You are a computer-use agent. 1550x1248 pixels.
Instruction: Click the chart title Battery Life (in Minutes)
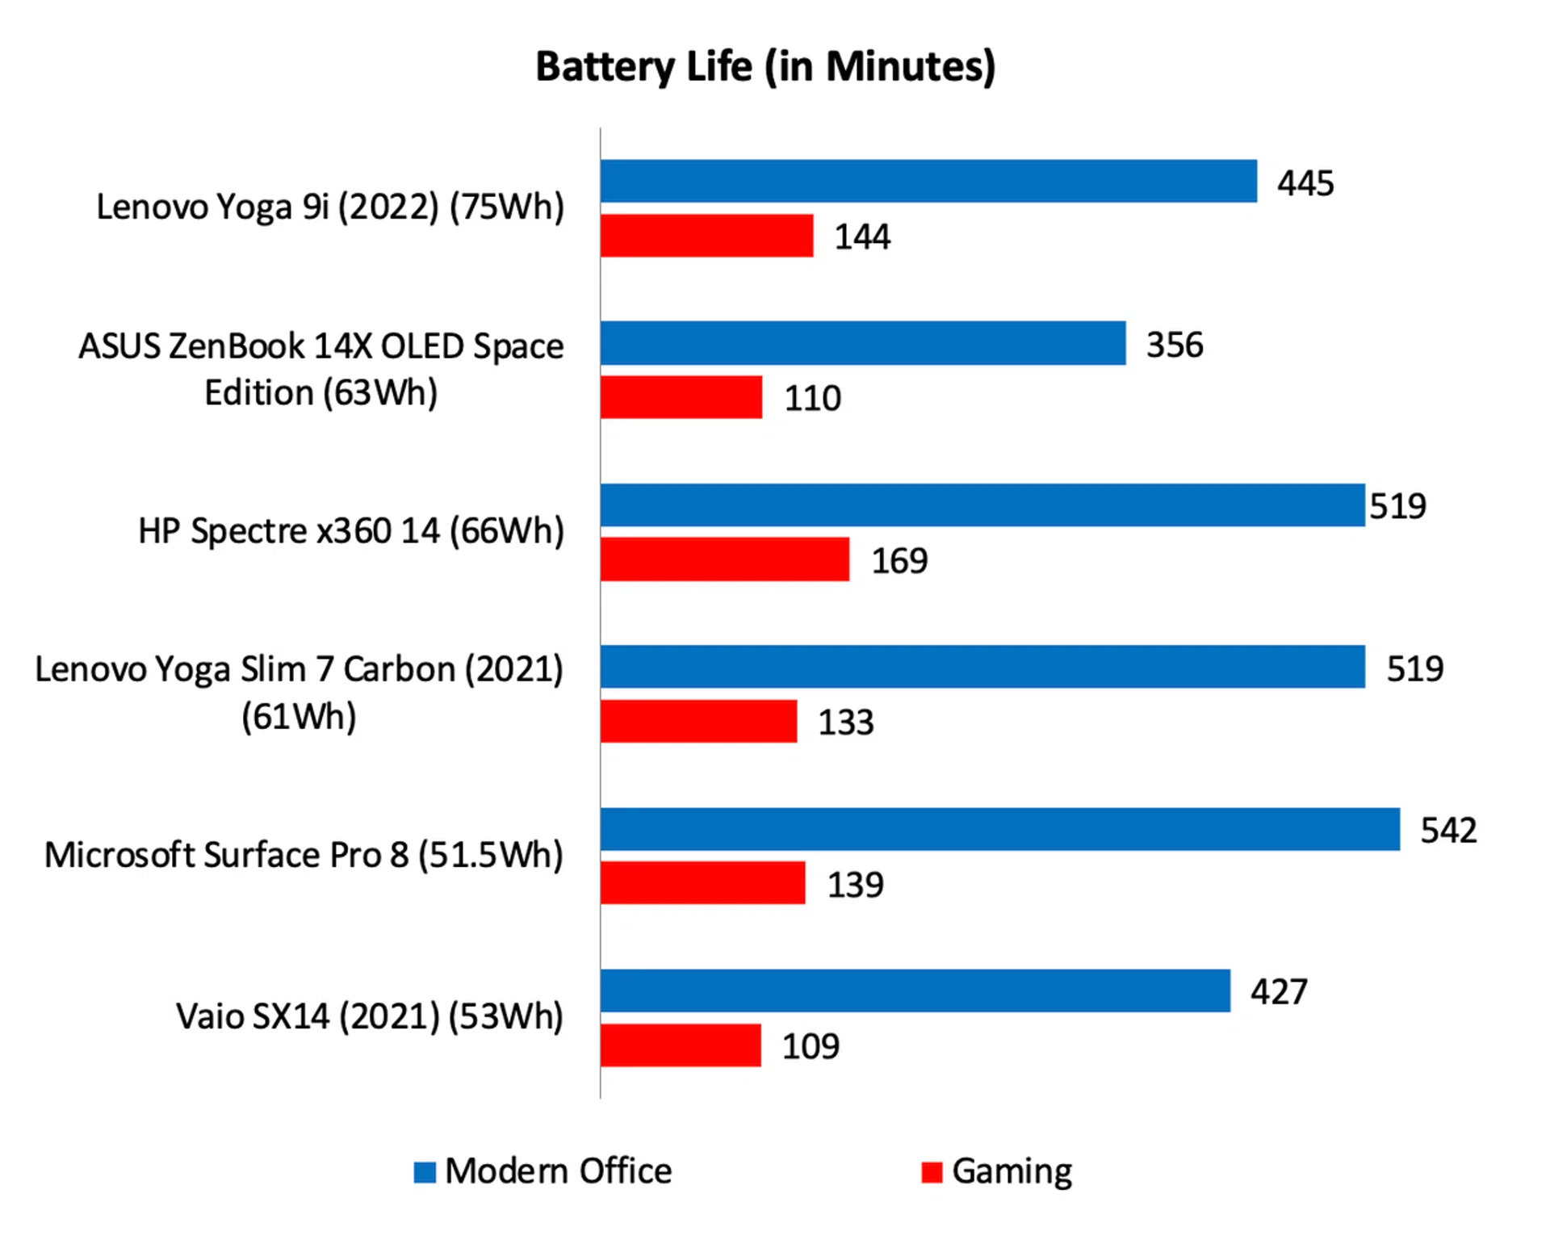tap(765, 66)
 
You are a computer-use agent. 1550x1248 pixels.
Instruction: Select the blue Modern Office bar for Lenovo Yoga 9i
tap(928, 181)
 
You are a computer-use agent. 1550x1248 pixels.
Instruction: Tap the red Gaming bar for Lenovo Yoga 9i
tap(706, 236)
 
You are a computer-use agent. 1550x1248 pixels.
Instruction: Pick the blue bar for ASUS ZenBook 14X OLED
tap(862, 343)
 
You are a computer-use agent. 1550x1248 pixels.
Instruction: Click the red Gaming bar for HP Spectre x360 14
tap(724, 559)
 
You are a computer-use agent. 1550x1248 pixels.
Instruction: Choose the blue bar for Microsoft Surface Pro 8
tap(999, 829)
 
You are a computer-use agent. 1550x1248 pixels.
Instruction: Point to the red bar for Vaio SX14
tap(681, 1045)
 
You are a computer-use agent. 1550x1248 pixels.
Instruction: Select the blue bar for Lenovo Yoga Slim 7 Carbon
tap(982, 667)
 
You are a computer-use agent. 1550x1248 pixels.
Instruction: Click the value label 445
tap(1305, 183)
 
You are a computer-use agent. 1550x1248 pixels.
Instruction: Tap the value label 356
tap(1175, 345)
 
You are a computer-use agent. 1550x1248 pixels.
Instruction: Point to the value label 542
tap(1448, 830)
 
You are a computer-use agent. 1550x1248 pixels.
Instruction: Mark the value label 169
tap(899, 560)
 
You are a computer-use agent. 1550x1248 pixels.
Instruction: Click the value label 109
tap(811, 1046)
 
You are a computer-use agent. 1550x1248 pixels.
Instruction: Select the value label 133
tap(845, 722)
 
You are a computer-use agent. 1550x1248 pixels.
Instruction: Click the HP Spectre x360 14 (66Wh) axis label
tap(351, 531)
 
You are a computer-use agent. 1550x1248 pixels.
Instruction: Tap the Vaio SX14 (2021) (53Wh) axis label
tap(370, 1016)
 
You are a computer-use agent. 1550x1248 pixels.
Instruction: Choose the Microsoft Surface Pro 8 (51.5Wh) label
tap(304, 855)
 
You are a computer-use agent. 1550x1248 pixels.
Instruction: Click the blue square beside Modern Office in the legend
tap(425, 1172)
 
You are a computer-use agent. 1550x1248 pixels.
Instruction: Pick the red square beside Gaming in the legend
tap(932, 1172)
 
